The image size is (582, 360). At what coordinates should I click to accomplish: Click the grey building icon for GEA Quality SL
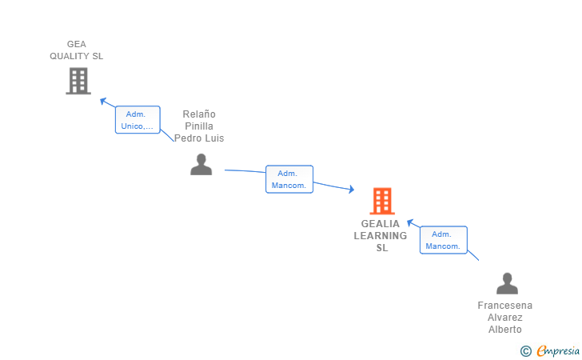[78, 81]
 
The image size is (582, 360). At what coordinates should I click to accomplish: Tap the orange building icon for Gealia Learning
[382, 201]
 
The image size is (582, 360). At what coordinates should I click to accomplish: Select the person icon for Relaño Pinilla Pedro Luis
[201, 164]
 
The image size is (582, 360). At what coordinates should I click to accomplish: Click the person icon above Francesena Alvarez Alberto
[507, 283]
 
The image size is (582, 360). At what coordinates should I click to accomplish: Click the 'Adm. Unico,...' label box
[138, 120]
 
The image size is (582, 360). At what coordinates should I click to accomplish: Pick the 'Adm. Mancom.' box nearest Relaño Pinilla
[289, 179]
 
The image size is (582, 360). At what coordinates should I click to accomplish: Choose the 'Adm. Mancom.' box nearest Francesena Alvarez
[443, 240]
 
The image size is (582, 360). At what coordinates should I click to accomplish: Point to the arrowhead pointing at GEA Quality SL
[102, 101]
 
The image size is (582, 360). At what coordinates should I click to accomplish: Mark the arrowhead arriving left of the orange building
[350, 190]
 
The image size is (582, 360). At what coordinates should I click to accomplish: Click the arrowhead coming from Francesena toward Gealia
[409, 222]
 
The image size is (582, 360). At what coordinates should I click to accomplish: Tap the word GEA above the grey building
[77, 44]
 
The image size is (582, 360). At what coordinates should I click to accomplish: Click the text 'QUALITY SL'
[77, 56]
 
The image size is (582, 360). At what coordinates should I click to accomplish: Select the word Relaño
[199, 114]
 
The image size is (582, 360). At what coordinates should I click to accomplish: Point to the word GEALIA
[381, 224]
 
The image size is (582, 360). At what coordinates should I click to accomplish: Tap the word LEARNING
[381, 236]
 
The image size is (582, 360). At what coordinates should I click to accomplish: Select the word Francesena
[505, 306]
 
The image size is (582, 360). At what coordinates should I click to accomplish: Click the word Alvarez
[505, 318]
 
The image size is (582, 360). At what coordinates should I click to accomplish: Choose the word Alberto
[505, 330]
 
